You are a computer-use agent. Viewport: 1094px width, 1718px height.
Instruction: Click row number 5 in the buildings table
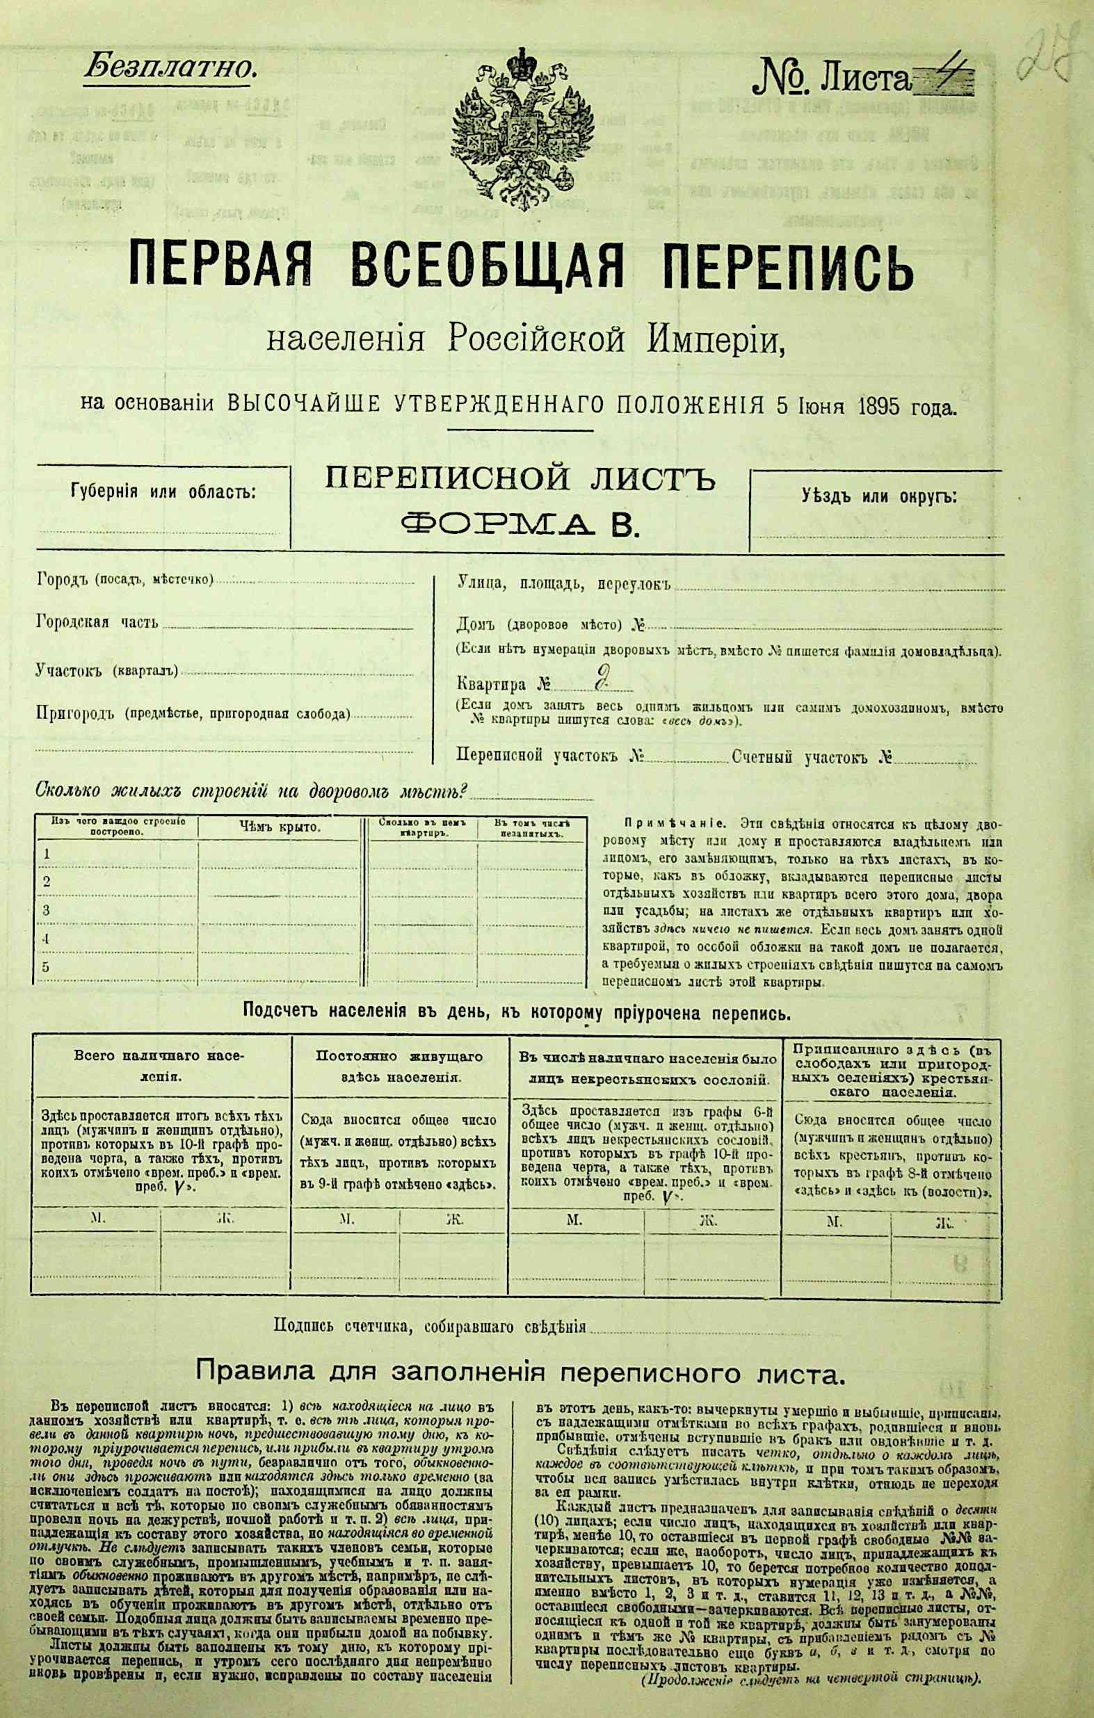[x=47, y=967]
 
